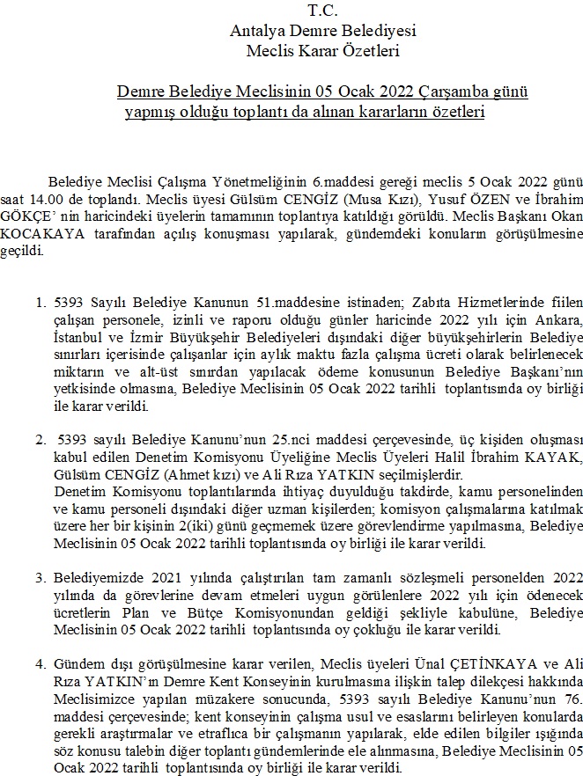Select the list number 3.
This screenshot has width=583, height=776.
click(40, 579)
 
